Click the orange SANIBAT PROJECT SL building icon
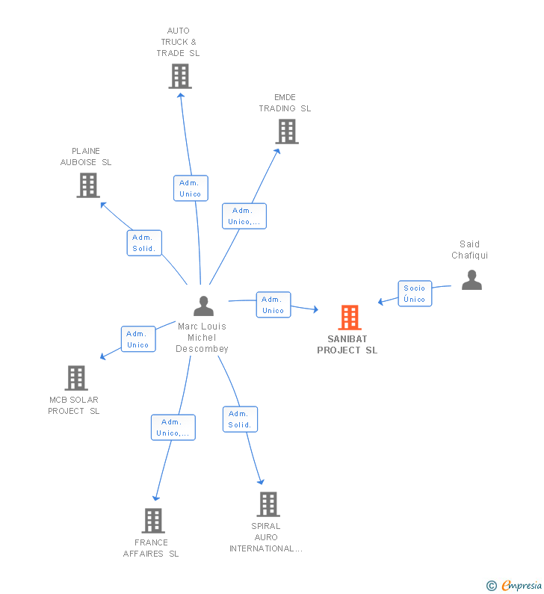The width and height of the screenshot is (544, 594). coord(349,318)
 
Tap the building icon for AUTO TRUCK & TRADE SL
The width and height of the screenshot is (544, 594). coord(179,76)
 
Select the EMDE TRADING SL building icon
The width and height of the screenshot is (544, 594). coord(286,132)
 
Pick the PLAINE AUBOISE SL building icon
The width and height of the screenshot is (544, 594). coord(87,185)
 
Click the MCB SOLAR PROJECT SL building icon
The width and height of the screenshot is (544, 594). coord(76,378)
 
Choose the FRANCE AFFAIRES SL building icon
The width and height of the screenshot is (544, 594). coord(152,521)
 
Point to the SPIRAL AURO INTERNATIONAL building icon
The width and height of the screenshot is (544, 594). coord(268,504)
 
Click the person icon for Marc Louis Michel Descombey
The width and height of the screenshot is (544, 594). coord(203,306)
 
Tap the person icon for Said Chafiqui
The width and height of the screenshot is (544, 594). coord(472,280)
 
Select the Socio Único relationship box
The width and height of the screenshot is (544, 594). coord(414,294)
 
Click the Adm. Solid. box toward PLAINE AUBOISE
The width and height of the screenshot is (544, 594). coord(144,243)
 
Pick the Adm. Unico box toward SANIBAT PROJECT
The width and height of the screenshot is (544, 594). coord(273,305)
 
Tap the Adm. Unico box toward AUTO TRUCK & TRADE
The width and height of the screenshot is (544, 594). coord(191,188)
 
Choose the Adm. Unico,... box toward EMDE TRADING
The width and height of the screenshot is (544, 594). coord(244,216)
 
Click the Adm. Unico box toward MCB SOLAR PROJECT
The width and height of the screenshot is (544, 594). coord(138,339)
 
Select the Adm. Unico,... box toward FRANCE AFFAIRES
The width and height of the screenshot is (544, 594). coord(173,427)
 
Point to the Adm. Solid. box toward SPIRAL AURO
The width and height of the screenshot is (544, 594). coord(240,419)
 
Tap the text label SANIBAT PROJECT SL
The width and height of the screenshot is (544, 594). coord(347,344)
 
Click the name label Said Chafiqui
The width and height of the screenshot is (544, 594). coord(469,250)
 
